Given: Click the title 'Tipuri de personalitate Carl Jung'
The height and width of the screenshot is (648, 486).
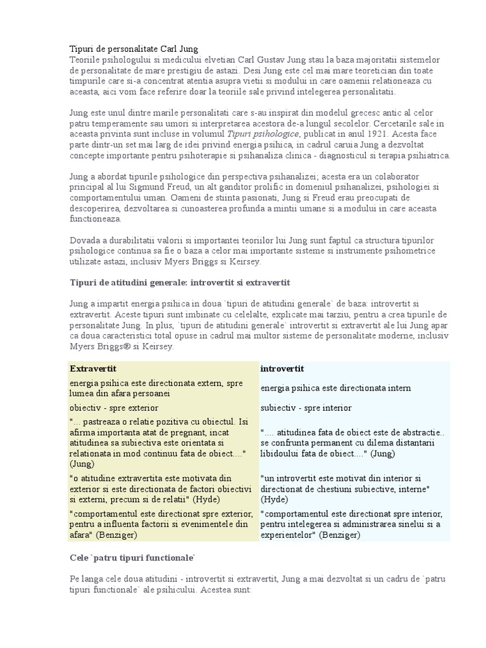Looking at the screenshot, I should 133,49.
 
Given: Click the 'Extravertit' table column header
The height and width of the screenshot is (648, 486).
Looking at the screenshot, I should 93,368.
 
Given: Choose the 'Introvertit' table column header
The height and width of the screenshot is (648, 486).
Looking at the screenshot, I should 282,368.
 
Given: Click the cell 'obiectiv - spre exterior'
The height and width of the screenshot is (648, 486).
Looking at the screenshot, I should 114,408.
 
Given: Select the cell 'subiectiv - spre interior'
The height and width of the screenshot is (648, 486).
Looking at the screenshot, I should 306,408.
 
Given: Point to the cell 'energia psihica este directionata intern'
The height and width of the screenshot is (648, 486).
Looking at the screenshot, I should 335,387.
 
